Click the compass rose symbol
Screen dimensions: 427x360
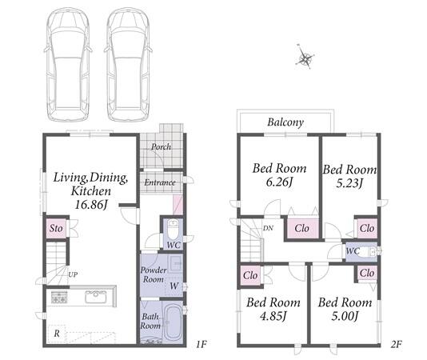point(305,58)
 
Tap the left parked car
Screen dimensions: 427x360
point(68,65)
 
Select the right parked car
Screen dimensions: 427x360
point(128,65)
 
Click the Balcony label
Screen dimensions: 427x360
point(285,122)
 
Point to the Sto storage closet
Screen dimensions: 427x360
point(56,228)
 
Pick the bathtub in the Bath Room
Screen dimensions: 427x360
point(173,322)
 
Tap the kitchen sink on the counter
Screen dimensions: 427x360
point(95,297)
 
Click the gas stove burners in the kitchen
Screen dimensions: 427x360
point(59,298)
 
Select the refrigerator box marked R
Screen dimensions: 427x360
point(57,334)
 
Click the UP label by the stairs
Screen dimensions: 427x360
point(73,274)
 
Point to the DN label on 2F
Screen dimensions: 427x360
point(268,228)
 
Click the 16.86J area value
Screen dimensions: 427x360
point(91,204)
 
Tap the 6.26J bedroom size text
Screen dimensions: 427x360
point(279,182)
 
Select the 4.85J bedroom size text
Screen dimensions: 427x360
point(273,316)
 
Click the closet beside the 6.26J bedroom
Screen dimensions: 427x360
point(302,228)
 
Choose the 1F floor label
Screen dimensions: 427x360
point(202,345)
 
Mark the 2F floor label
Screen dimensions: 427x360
point(397,345)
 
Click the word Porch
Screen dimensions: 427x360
point(162,147)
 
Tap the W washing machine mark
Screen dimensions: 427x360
point(174,286)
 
